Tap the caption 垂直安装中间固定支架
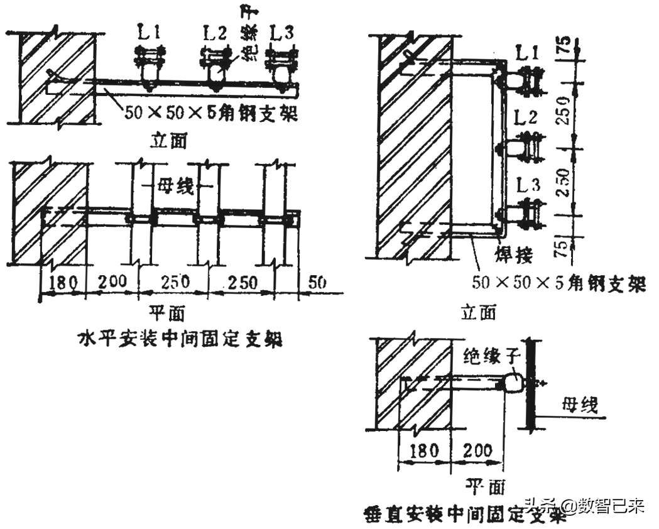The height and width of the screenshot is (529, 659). click(465, 515)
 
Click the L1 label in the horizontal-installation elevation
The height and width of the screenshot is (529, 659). click(149, 31)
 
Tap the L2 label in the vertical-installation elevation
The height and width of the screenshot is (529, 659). click(526, 117)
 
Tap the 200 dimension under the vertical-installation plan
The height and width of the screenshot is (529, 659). click(479, 450)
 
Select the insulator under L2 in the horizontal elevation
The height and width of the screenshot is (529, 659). click(215, 74)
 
